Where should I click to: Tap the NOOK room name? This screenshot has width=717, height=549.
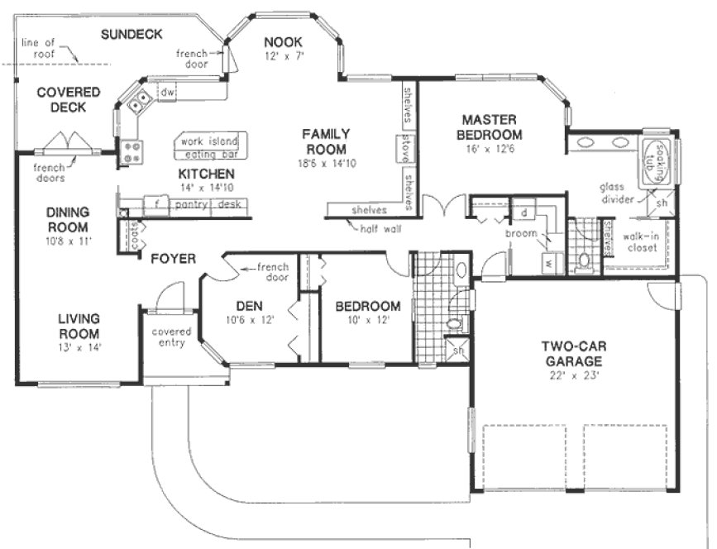tap(283, 42)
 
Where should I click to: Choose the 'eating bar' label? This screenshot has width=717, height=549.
tap(210, 154)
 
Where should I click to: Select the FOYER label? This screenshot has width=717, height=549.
tap(173, 259)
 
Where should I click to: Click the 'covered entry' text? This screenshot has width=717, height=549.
tap(171, 337)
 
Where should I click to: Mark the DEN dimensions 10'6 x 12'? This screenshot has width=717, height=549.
tap(249, 318)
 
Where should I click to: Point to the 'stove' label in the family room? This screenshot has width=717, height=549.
tap(405, 150)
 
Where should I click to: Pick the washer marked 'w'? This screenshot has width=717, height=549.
tap(547, 265)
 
